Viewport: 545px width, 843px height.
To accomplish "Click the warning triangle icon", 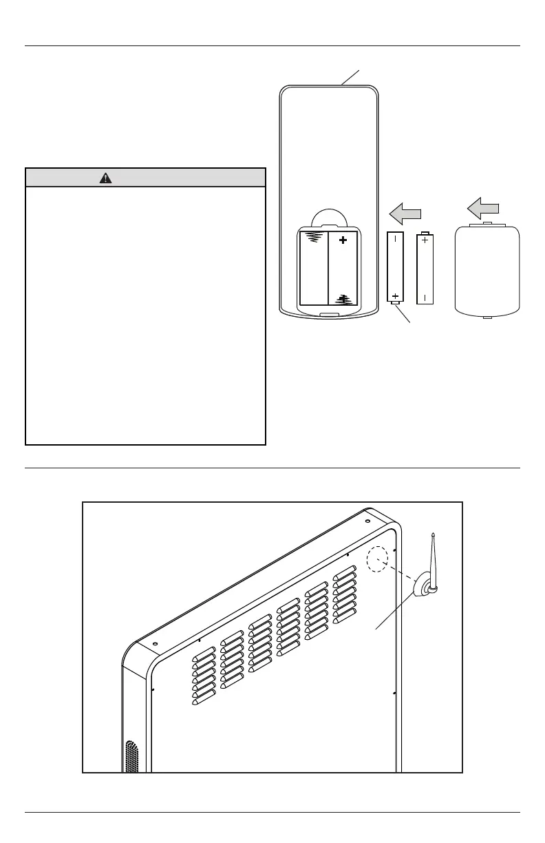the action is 105,178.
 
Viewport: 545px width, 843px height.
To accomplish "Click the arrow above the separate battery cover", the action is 480,206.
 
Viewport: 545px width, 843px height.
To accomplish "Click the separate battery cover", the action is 487,270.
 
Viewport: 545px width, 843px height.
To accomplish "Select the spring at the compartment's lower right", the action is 343,299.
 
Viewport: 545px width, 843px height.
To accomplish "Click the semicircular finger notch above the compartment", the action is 329,217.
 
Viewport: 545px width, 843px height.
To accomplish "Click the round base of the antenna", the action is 423,588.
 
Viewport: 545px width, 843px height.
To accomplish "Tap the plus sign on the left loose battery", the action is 396,296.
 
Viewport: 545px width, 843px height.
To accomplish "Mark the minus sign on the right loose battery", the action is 425,298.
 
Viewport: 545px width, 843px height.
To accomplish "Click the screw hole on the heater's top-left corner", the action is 155,644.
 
